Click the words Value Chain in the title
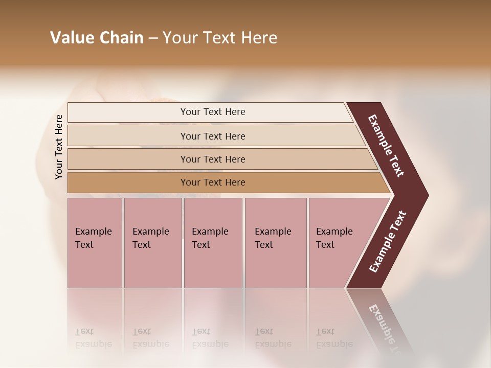97,38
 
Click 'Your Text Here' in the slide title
220,38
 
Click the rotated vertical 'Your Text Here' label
59,147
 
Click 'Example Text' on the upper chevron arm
386,146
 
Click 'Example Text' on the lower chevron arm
388,242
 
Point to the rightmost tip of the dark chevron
427,195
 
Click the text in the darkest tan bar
213,182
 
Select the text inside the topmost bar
213,112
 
